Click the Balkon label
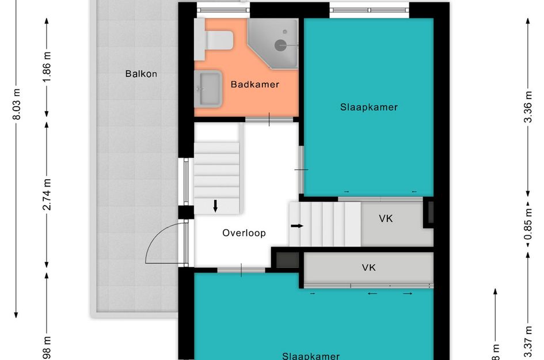141,74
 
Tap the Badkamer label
254,85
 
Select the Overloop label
244,233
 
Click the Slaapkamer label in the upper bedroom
368,107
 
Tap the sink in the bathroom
208,89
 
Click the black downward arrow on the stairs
215,206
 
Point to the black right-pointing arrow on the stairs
296,226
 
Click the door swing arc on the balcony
162,241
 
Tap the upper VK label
386,219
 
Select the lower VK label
368,267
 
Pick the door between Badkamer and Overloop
269,119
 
